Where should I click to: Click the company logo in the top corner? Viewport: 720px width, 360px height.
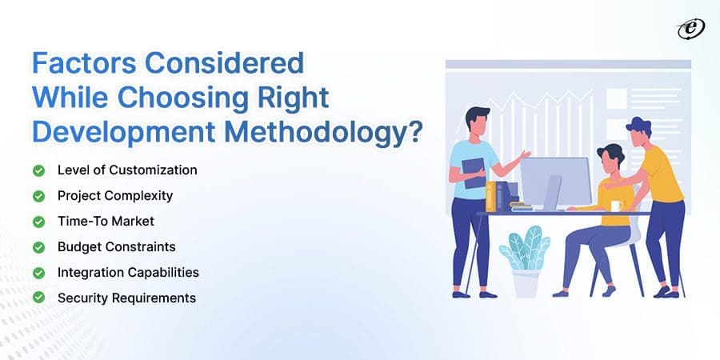point(689,29)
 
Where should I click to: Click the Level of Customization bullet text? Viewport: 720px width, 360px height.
point(127,170)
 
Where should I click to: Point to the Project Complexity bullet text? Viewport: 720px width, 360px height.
point(115,196)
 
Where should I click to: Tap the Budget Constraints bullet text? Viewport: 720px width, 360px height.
point(117,246)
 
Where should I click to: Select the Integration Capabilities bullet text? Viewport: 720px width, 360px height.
point(128,272)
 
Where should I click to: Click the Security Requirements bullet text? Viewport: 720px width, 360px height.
point(126,298)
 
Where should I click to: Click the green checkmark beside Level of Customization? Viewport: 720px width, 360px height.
point(38,170)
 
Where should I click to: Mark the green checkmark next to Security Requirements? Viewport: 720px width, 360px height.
point(38,298)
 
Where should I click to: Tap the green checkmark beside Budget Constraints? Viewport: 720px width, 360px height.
point(38,246)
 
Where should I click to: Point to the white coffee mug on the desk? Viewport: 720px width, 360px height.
point(616,206)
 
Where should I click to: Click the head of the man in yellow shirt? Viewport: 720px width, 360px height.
point(638,130)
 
